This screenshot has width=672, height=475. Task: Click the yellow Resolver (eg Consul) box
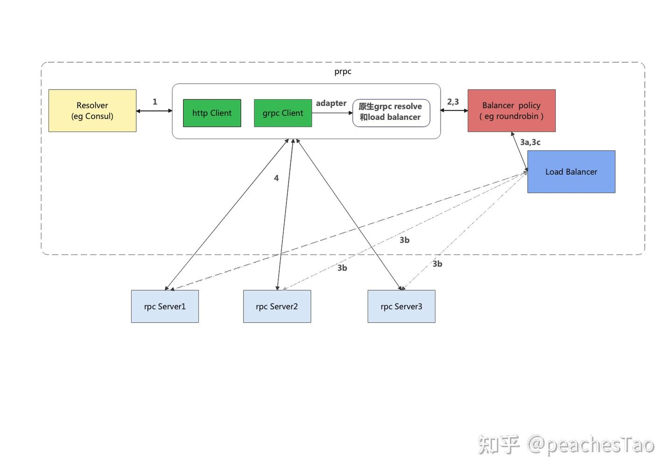pos(92,111)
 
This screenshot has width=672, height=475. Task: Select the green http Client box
pos(212,113)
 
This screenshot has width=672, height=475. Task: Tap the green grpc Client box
pos(283,113)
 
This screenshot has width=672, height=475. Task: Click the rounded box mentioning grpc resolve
pos(391,113)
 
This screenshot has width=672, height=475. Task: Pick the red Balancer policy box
pos(512,111)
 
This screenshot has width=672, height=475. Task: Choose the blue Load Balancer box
pos(572,172)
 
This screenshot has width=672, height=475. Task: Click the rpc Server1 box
pos(165,307)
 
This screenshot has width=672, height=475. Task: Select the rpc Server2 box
pos(277,307)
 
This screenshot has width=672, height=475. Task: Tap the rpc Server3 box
pos(402,307)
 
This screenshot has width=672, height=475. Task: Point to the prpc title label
pos(343,72)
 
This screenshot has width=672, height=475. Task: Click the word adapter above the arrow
pos(331,103)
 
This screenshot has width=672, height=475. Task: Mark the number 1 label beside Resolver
pos(155,102)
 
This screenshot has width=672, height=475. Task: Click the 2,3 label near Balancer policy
pos(453,102)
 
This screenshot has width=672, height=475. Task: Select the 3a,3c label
pos(530,142)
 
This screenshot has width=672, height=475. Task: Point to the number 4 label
pos(276,178)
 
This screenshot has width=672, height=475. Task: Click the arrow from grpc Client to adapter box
pos(332,113)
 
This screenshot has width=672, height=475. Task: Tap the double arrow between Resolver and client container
pos(154,111)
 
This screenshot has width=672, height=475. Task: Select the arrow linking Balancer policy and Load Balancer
pos(519,152)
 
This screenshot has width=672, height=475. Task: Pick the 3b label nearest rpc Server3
pos(437,264)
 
